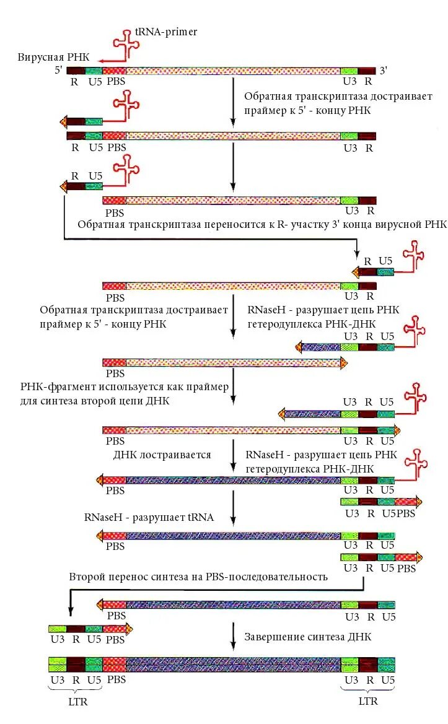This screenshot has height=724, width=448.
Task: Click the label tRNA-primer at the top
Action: point(166,32)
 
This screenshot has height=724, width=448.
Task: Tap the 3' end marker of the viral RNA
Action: point(384,71)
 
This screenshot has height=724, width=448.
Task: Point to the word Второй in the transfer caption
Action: point(89,577)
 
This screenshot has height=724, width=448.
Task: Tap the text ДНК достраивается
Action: point(162,455)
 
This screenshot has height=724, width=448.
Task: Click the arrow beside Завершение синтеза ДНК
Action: point(233,637)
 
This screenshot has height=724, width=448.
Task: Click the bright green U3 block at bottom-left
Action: point(58,665)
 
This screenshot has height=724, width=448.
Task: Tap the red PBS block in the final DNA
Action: point(114,665)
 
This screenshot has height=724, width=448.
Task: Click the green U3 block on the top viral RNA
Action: point(349,71)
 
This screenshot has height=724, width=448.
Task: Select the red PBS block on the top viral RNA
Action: point(114,71)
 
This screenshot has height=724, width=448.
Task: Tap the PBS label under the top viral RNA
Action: point(116,81)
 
